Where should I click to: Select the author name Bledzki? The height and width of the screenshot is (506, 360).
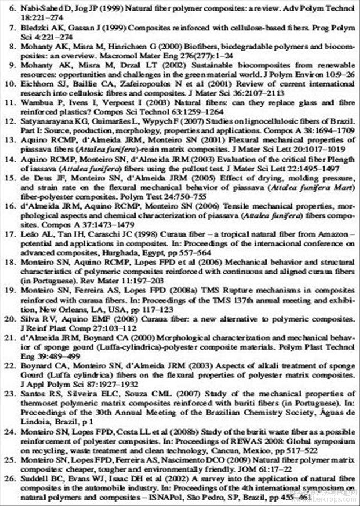tap(33, 26)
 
